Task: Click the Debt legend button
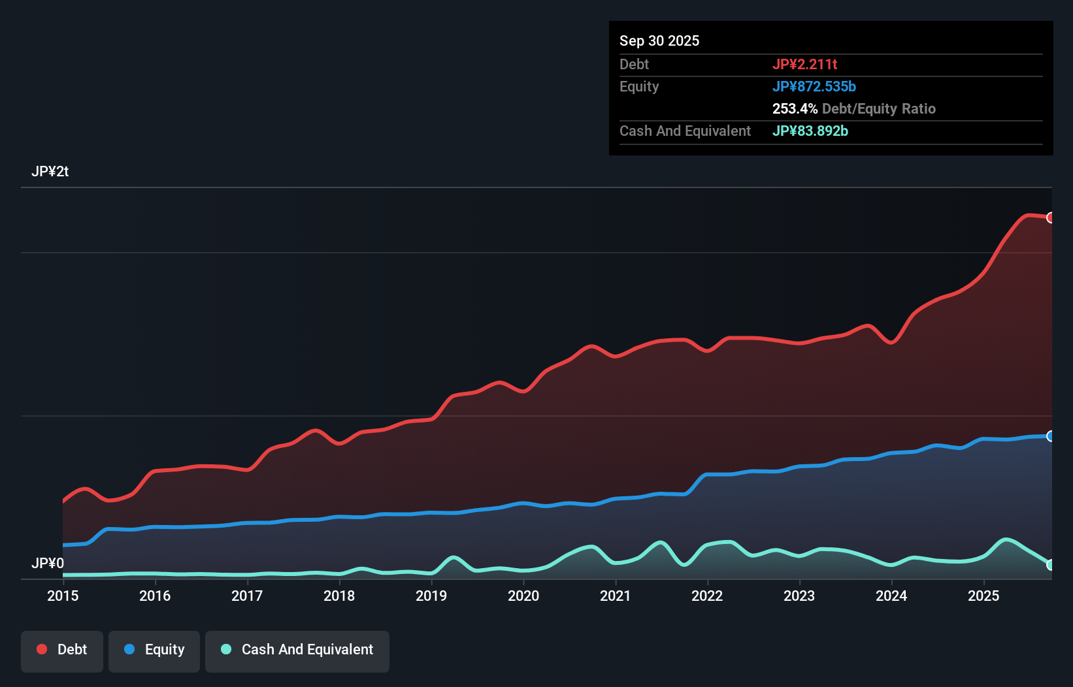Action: pyautogui.click(x=62, y=650)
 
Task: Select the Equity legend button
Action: pyautogui.click(x=154, y=650)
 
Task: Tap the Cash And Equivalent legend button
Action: pyautogui.click(x=297, y=650)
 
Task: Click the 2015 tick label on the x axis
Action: pyautogui.click(x=63, y=596)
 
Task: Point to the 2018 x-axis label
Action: pyautogui.click(x=339, y=596)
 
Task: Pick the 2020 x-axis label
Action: pyautogui.click(x=523, y=596)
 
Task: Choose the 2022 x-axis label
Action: pyautogui.click(x=707, y=596)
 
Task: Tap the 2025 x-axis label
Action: pyautogui.click(x=983, y=596)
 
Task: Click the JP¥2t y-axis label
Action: pyautogui.click(x=50, y=172)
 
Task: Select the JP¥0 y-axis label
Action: pyautogui.click(x=48, y=563)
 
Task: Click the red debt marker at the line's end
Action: pyautogui.click(x=1050, y=217)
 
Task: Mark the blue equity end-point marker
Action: pyautogui.click(x=1050, y=436)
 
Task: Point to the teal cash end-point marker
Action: pyautogui.click(x=1050, y=565)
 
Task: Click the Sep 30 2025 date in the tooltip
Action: pyautogui.click(x=659, y=40)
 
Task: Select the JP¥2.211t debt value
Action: pyautogui.click(x=804, y=64)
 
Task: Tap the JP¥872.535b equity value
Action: pyautogui.click(x=814, y=86)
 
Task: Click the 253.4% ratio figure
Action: pyautogui.click(x=795, y=108)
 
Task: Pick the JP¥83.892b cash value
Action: pyautogui.click(x=810, y=131)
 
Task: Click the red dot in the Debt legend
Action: pyautogui.click(x=42, y=649)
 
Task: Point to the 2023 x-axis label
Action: pyautogui.click(x=799, y=596)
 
